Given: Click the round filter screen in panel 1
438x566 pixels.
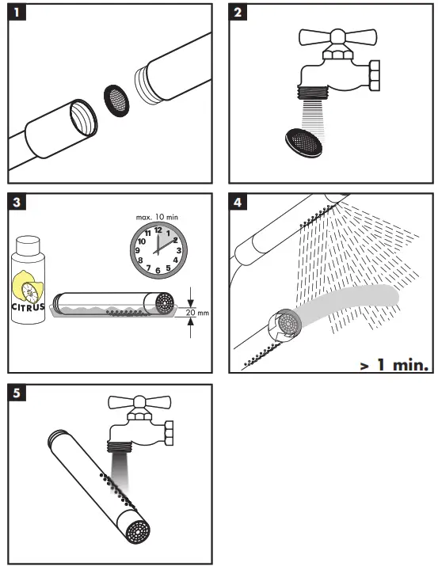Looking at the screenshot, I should pyautogui.click(x=116, y=99).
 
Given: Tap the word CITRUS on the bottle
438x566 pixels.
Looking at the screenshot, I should pyautogui.click(x=29, y=306).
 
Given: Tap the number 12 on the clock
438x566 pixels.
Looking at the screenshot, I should pyautogui.click(x=158, y=230).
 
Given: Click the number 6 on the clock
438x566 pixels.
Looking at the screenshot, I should pyautogui.click(x=158, y=270).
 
